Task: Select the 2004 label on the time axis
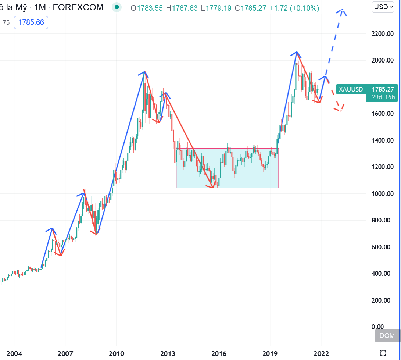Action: [14, 354]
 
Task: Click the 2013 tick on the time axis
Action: [168, 354]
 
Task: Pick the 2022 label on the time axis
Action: [321, 354]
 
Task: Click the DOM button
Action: [387, 335]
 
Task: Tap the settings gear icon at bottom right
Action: [383, 353]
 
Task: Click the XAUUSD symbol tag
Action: [351, 89]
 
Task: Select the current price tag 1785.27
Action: [383, 89]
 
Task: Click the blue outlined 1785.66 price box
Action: [31, 22]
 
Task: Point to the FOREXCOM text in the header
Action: [78, 7]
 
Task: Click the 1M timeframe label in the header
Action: [40, 7]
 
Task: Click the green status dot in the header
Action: [117, 7]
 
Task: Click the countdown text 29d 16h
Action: [383, 97]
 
